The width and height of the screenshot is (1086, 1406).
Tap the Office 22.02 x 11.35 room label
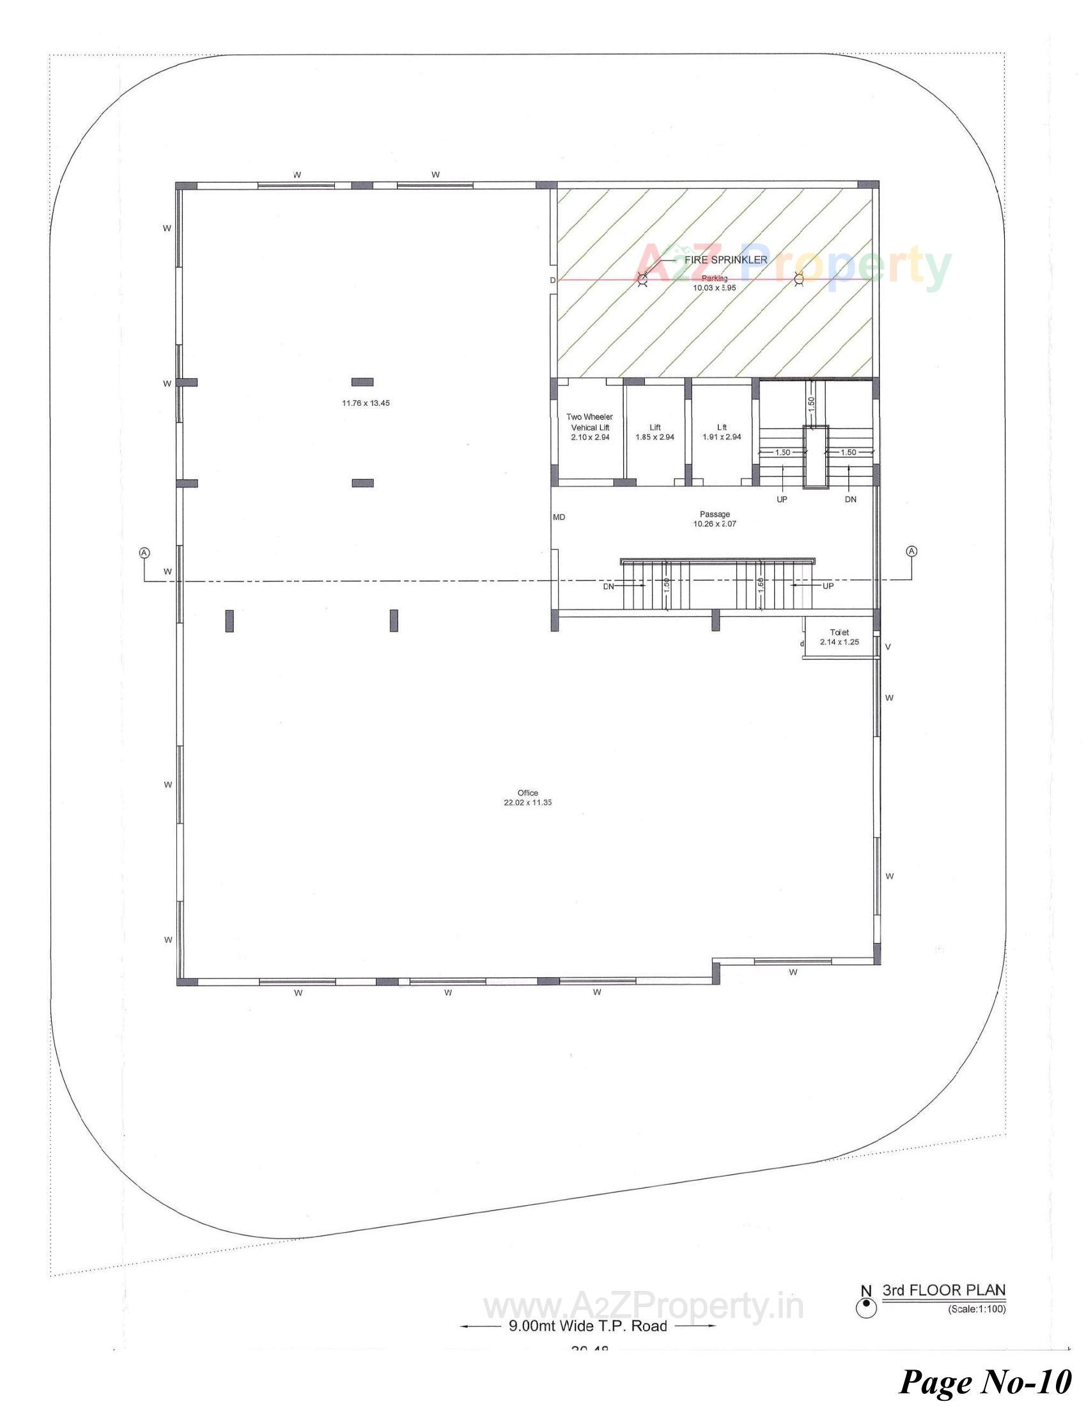[528, 798]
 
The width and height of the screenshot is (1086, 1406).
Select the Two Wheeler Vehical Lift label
[590, 427]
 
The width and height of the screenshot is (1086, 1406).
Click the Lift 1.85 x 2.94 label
[655, 432]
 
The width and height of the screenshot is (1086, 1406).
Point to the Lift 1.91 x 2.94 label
[722, 432]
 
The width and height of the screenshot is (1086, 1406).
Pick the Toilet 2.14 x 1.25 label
[839, 637]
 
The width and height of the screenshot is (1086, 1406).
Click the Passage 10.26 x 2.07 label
[715, 519]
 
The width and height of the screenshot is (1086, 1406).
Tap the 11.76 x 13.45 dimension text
[366, 403]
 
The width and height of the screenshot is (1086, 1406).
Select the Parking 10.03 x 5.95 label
[715, 283]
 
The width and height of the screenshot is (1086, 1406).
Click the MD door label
[559, 517]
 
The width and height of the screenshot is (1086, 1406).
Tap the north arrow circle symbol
[867, 1306]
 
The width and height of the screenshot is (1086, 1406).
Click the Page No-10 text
[985, 1380]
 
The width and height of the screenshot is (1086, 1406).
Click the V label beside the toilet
[888, 647]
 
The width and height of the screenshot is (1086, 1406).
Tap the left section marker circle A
[145, 552]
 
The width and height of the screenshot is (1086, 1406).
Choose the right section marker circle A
[911, 551]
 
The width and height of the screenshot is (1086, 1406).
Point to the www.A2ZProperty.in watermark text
[644, 1307]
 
